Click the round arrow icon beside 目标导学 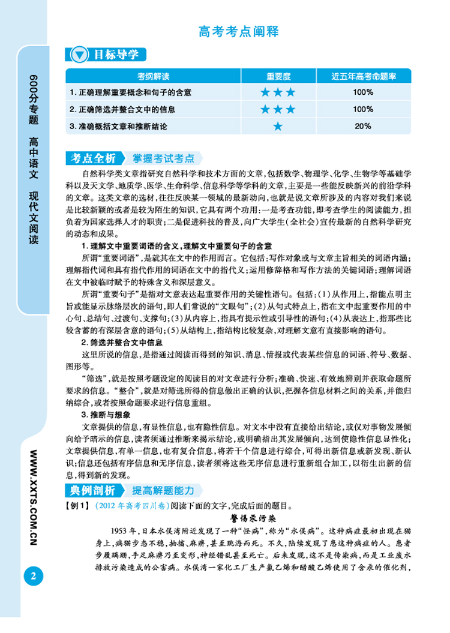pos(79,55)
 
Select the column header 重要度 pos(278,77)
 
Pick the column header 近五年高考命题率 pos(363,77)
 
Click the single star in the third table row pos(278,127)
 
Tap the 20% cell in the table pos(363,127)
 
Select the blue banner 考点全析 pos(92,158)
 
